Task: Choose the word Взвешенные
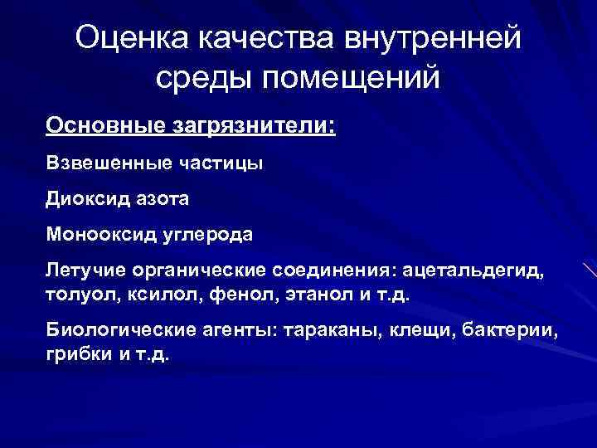point(107,163)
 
